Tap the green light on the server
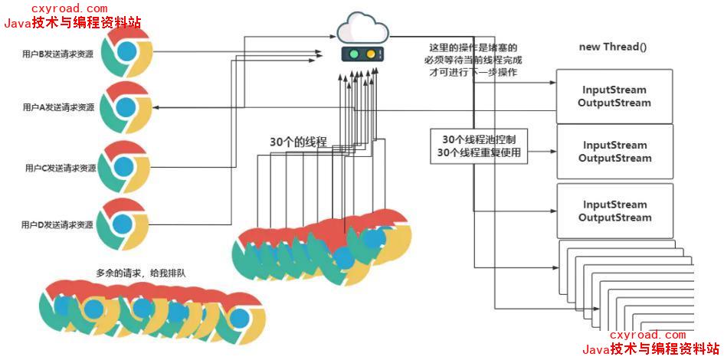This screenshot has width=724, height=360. [x=353, y=55]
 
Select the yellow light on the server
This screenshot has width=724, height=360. [x=372, y=55]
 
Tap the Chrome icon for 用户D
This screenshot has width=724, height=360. [x=123, y=224]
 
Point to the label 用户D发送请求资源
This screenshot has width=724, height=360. [x=58, y=225]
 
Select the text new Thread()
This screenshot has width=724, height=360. [x=613, y=47]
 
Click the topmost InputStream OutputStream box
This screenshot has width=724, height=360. [x=614, y=97]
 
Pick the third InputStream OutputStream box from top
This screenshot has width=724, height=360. [x=614, y=211]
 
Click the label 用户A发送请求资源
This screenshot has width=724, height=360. [x=59, y=108]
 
